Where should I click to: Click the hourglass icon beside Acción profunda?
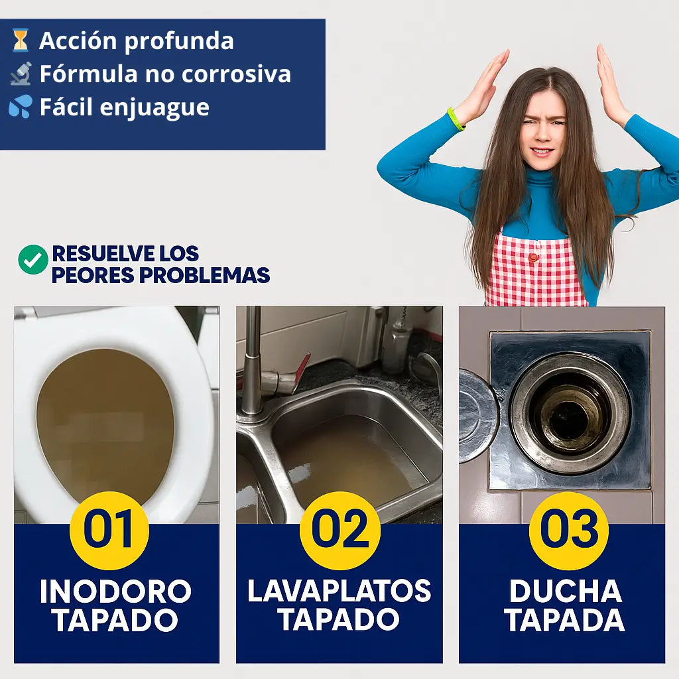[21, 40]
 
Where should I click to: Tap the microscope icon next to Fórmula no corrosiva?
[21, 74]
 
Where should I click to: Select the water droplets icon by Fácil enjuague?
[21, 107]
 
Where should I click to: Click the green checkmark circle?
[32, 259]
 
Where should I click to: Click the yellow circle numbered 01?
[109, 530]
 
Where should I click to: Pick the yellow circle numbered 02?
[339, 530]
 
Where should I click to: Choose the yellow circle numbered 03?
[568, 530]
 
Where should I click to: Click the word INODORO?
[115, 591]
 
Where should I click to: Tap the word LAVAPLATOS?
[339, 591]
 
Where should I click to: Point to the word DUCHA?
[565, 591]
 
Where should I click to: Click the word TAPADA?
[565, 621]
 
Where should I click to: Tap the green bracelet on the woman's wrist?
[456, 119]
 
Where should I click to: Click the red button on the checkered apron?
[532, 257]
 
